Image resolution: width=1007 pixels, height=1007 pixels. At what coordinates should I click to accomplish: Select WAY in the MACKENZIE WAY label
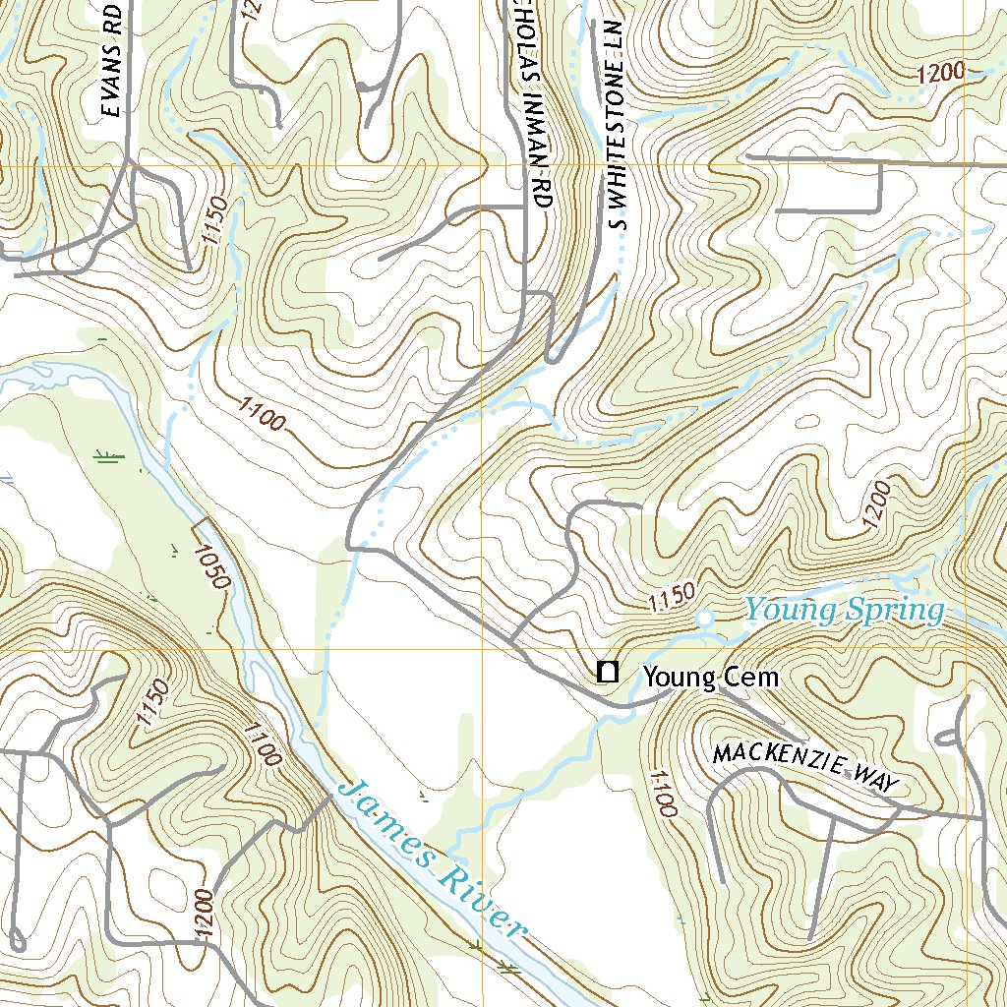pos(877,780)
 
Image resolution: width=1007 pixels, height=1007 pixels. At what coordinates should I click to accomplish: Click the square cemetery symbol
pos(608,673)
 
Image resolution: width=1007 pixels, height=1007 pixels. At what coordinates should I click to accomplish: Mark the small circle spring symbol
pos(705,619)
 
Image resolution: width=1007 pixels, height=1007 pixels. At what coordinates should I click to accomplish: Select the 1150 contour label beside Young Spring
pos(672,595)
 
